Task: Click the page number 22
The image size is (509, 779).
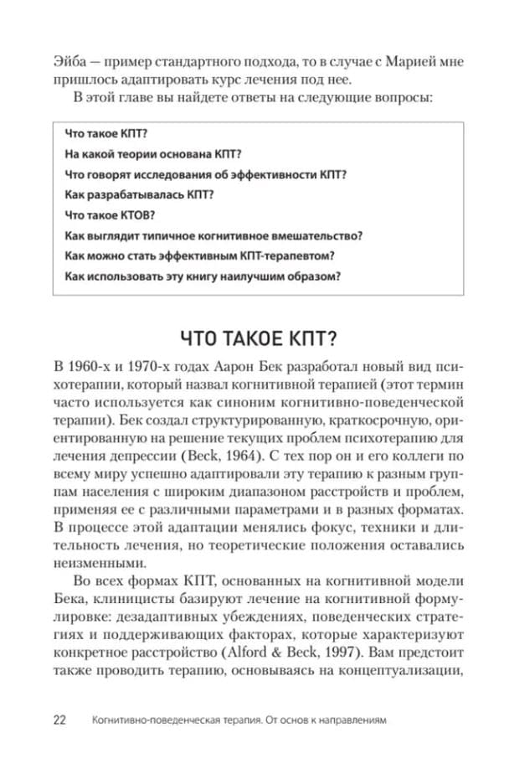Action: click(59, 720)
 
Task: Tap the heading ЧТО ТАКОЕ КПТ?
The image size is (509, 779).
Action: click(255, 338)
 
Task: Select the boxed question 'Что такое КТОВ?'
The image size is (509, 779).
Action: click(110, 214)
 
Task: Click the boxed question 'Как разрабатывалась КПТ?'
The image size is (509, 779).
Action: click(127, 194)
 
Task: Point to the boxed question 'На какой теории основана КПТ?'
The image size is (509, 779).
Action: click(152, 153)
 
